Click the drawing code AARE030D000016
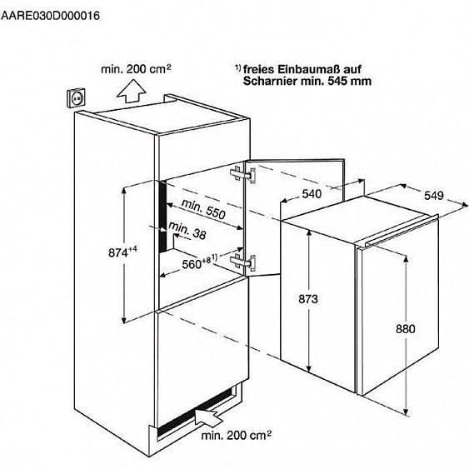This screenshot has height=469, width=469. (50, 16)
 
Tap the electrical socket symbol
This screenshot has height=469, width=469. (76, 97)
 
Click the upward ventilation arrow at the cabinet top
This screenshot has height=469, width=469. (131, 91)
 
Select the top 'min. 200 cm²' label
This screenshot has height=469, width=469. (136, 69)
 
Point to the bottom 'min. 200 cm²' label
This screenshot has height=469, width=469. (237, 435)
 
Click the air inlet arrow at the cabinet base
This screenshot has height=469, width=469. (209, 416)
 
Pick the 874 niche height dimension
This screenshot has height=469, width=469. (122, 252)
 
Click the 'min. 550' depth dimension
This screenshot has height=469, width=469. (203, 209)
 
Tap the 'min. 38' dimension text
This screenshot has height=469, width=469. (187, 231)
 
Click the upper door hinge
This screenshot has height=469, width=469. (243, 176)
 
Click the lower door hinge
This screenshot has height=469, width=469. (243, 262)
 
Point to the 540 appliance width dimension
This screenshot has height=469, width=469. (312, 194)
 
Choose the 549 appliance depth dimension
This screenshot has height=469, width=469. (434, 196)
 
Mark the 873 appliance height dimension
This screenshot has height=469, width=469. (308, 299)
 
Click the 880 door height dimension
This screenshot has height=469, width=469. (406, 329)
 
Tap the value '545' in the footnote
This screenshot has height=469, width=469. (337, 81)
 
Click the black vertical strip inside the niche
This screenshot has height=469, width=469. (162, 217)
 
